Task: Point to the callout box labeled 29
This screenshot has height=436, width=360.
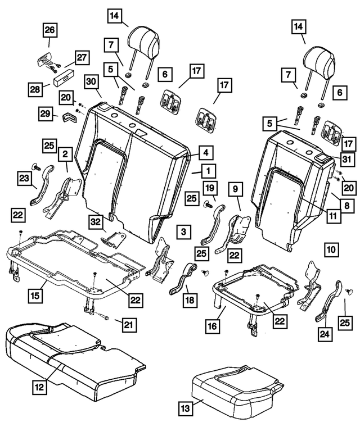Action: point(46,113)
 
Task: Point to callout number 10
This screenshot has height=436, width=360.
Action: point(331,247)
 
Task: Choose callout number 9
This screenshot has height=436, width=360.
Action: point(236,188)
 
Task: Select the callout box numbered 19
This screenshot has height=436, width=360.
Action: point(209,188)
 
